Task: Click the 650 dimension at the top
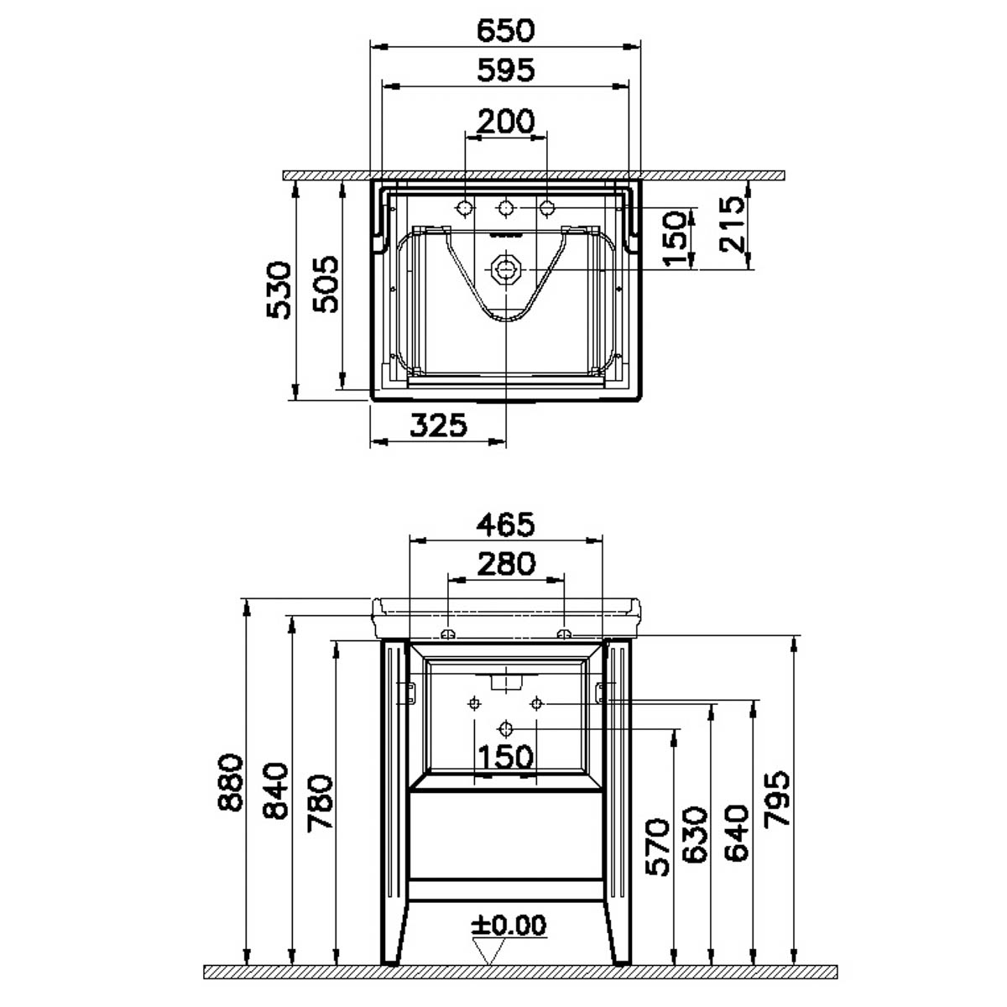point(505,30)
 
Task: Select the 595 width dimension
point(506,70)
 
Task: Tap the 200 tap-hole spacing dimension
point(506,121)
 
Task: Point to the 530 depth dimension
point(278,290)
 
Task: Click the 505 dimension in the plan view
point(325,284)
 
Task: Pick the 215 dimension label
point(731,224)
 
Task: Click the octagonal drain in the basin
point(505,269)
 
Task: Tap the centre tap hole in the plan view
point(505,208)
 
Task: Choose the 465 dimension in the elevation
point(506,524)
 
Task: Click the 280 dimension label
point(506,564)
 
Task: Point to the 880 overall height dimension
point(230,782)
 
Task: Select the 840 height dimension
point(275,790)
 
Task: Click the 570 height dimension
point(657,847)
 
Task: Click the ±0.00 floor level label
point(509,926)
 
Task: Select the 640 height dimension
point(736,833)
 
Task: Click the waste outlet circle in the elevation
point(505,728)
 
